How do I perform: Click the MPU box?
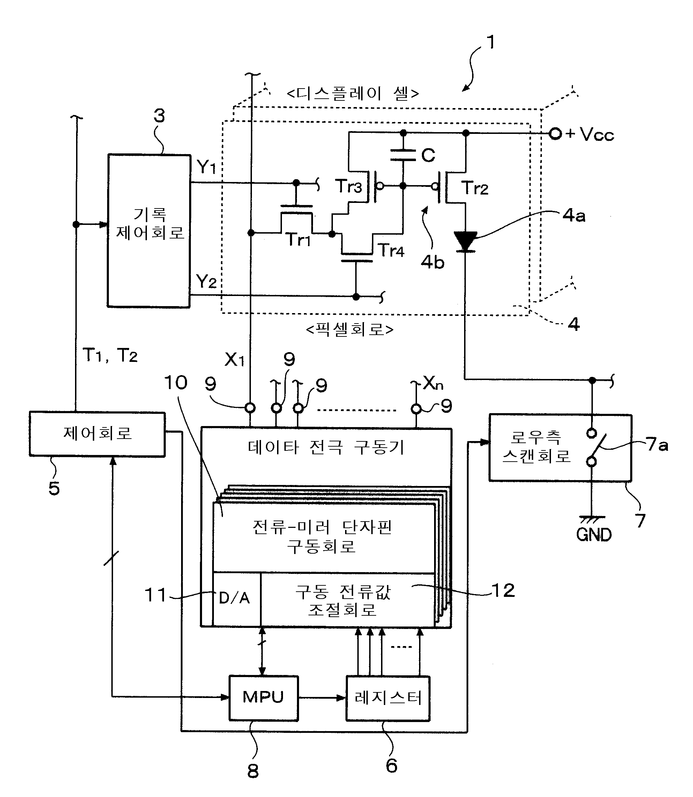pos(263,698)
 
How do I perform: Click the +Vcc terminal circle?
pos(555,134)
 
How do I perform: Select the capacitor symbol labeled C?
pos(403,155)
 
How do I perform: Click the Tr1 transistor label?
pos(298,240)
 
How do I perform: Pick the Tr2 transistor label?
pos(475,188)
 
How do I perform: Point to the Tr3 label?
pos(349,186)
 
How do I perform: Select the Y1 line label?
pos(206,167)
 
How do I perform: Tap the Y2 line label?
pos(206,282)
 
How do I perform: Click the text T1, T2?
pos(110,355)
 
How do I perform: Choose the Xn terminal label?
pos(433,383)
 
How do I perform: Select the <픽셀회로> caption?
pos(350,329)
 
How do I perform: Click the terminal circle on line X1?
pos(250,408)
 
